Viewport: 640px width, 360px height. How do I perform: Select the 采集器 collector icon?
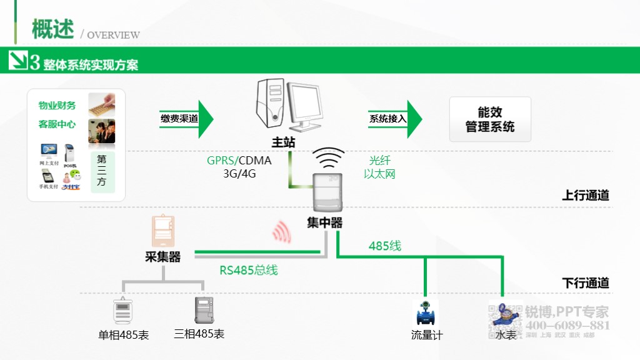[x=163, y=232]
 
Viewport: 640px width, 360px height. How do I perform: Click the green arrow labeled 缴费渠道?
[x=187, y=118]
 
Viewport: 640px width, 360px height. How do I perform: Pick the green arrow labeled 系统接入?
[x=396, y=118]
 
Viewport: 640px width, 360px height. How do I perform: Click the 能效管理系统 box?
[x=490, y=119]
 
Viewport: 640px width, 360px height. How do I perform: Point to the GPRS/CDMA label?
[x=239, y=161]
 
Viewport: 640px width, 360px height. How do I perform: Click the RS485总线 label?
[x=248, y=271]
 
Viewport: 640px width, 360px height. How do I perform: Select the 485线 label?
[x=384, y=246]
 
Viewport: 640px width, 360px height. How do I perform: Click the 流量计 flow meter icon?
[x=426, y=312]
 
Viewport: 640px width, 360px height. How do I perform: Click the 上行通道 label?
[x=585, y=195]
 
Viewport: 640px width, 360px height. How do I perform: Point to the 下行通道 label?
[x=585, y=283]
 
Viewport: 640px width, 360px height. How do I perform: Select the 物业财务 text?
[x=57, y=106]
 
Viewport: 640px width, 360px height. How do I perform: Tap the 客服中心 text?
[x=57, y=124]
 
